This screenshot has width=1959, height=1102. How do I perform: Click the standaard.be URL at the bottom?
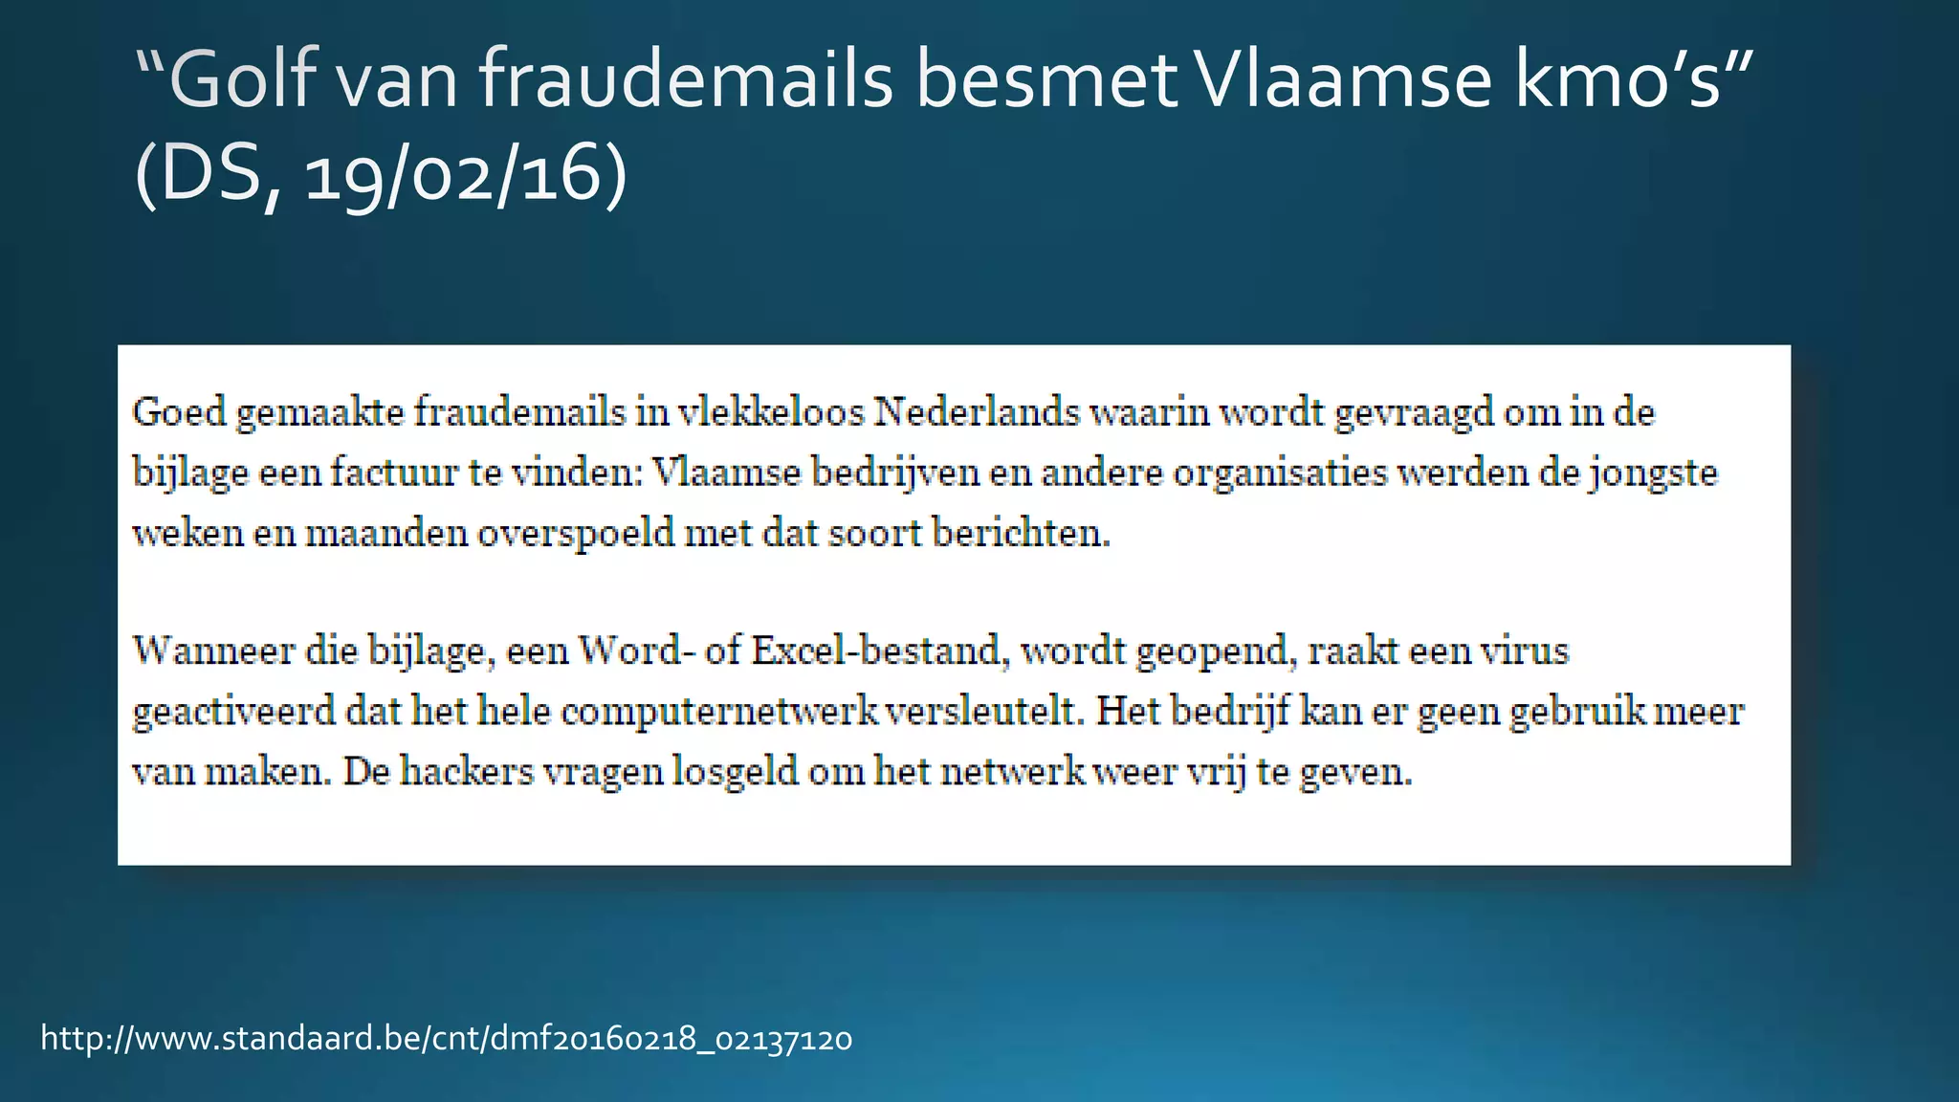coord(446,1038)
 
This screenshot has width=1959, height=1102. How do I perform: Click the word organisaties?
coord(1280,473)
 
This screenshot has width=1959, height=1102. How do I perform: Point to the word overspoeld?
coord(576,533)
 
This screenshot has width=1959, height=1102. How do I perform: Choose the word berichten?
coord(1021,533)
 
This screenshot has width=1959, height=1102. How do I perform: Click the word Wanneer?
coord(214,650)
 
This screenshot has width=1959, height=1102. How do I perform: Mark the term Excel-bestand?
coord(881,650)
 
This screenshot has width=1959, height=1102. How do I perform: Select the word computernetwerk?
coord(719,711)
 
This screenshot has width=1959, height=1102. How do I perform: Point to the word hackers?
coord(467,771)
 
